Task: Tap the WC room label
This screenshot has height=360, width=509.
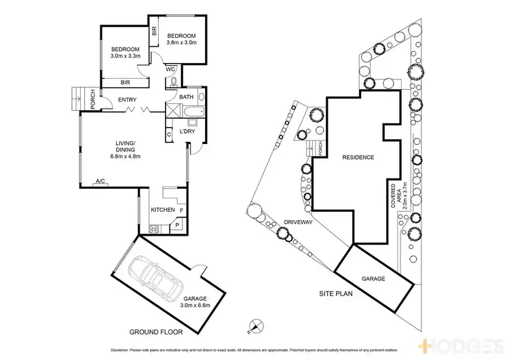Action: coord(170,69)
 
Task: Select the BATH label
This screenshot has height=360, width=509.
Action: coord(186,97)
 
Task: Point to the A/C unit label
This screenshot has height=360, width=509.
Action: coord(100,181)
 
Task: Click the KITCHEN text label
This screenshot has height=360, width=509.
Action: coord(163,211)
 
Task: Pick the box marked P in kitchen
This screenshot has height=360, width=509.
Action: coord(177,225)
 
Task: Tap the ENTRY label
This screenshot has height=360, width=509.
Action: coord(127,101)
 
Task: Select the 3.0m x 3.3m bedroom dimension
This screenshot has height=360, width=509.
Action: coord(126,56)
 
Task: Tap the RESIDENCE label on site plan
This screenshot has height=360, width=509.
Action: coord(357,158)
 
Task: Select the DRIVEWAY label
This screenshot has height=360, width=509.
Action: coord(298,221)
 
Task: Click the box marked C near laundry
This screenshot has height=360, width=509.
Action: coord(169,134)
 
